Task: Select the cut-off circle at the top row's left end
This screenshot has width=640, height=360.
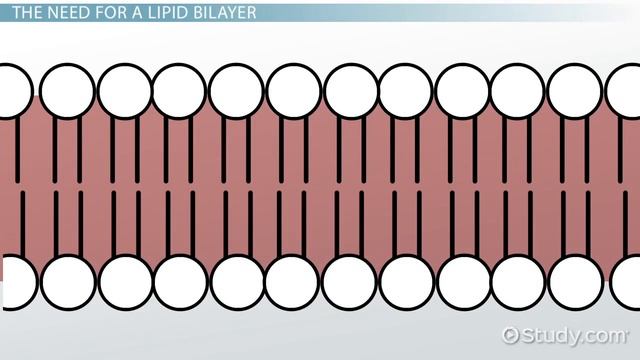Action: coord(11,90)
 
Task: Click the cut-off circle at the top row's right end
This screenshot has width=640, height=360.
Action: coord(624,90)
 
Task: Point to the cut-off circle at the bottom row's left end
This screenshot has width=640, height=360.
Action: coord(11,280)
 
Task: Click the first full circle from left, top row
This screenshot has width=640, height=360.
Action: coord(68,90)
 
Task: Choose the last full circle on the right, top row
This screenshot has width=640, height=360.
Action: coord(575,90)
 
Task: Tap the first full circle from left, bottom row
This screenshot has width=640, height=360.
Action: coord(68,280)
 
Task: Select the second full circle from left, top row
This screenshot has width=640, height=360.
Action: coord(124,90)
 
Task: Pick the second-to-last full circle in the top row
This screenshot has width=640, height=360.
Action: coord(519,90)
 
